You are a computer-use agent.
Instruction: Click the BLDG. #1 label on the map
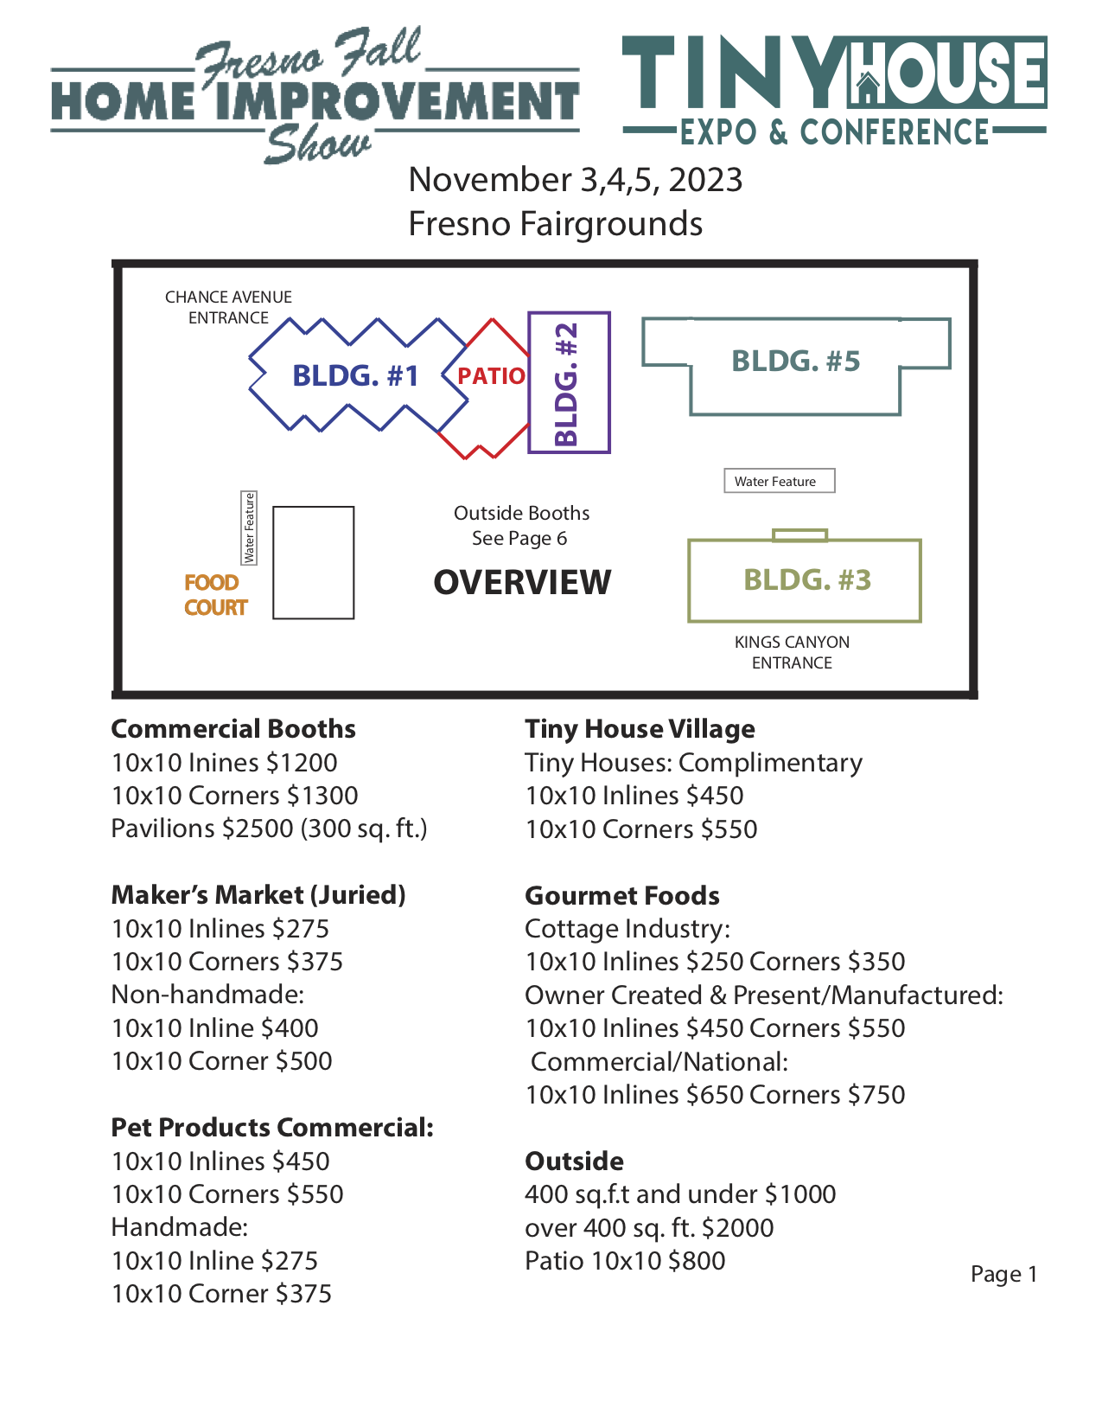[x=355, y=376]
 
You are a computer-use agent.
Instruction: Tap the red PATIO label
[x=491, y=376]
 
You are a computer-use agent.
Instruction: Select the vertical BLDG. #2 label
[x=566, y=384]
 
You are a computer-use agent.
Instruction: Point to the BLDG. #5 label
[x=796, y=362]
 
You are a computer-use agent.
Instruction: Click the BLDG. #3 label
[x=807, y=579]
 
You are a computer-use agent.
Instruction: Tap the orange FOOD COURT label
[x=215, y=595]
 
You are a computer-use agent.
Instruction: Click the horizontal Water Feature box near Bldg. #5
[x=779, y=481]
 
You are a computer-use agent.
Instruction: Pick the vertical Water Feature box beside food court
[x=249, y=528]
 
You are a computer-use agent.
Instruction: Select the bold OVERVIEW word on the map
[x=522, y=583]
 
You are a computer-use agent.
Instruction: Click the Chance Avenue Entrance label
[x=228, y=307]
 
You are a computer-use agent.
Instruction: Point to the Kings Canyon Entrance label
[x=792, y=652]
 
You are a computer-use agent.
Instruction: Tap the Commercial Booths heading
[x=233, y=729]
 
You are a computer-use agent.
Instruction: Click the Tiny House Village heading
[x=640, y=729]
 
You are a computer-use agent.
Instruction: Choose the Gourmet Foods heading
[x=622, y=896]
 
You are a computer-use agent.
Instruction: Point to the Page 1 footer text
[x=1003, y=1274]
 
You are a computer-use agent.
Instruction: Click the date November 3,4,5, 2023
[x=576, y=180]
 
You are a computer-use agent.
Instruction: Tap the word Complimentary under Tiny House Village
[x=770, y=763]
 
